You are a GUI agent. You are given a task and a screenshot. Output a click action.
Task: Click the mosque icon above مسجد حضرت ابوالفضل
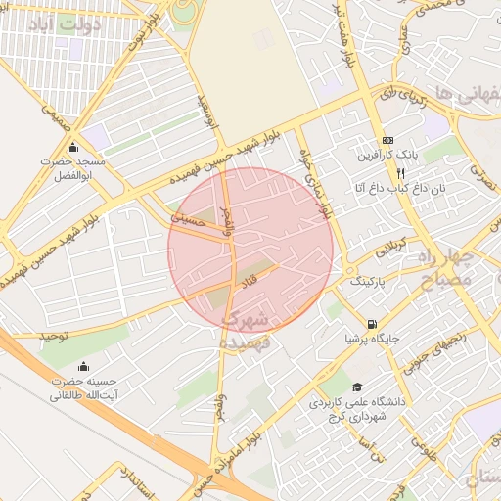pyautogui.click(x=71, y=148)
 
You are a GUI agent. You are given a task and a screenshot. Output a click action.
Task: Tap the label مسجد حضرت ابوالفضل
pyautogui.click(x=70, y=167)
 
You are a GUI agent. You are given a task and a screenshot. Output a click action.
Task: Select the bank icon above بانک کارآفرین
pyautogui.click(x=387, y=140)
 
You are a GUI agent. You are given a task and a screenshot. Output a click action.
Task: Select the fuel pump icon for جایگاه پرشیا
pyautogui.click(x=370, y=324)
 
